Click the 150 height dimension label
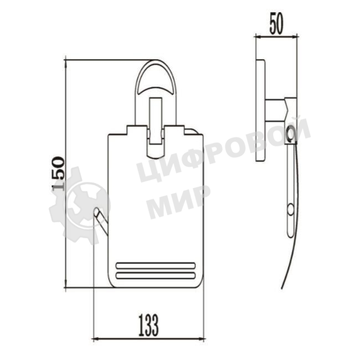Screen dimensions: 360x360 click(x=58, y=173)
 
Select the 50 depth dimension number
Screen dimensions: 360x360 click(x=276, y=23)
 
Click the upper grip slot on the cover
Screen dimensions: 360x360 click(x=156, y=266)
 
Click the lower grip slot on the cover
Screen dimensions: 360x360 click(x=156, y=275)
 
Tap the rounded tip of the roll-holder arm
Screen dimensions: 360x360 click(x=96, y=211)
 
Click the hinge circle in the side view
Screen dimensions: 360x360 click(x=291, y=133)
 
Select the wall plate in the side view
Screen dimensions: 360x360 click(x=261, y=110)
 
